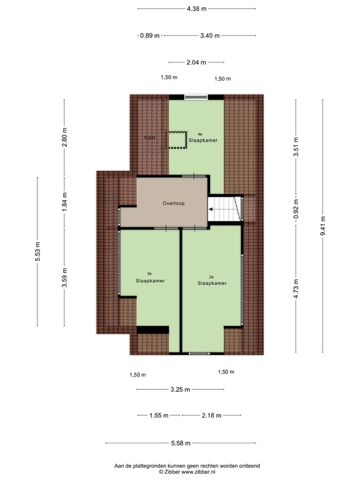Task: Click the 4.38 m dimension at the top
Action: pyautogui.click(x=196, y=9)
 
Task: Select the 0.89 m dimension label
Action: pyautogui.click(x=149, y=36)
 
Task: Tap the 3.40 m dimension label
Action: pyautogui.click(x=209, y=36)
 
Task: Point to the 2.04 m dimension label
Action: pyautogui.click(x=196, y=62)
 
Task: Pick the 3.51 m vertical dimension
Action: pyautogui.click(x=296, y=148)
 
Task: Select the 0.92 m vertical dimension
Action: pyautogui.click(x=296, y=207)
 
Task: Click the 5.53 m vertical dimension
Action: pyautogui.click(x=37, y=251)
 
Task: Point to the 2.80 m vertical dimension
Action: pyautogui.click(x=64, y=137)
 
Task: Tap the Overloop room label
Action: pyautogui.click(x=173, y=203)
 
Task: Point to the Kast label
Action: pyautogui.click(x=149, y=137)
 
